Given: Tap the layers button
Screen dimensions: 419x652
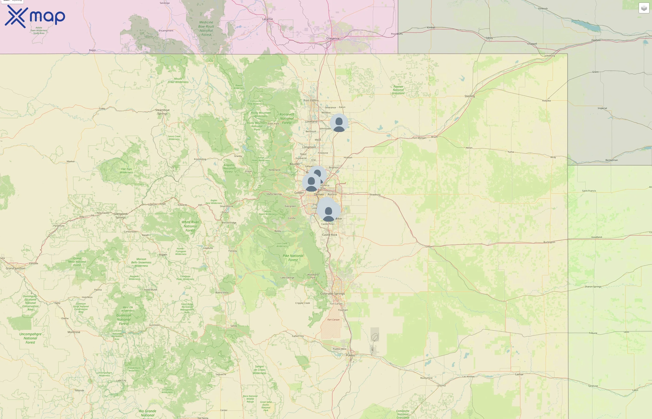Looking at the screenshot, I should point(644,8).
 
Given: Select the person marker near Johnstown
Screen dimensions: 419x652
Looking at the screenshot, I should point(339,123).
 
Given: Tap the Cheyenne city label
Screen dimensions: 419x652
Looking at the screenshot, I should point(333,38).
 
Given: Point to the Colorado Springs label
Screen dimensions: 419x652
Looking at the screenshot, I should point(332,294).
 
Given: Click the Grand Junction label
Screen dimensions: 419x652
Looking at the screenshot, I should point(16,268).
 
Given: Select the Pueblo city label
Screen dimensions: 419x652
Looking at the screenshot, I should point(350,355).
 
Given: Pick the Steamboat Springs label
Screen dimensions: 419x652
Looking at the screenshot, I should point(163,112).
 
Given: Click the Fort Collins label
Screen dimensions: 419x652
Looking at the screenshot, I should point(311,100).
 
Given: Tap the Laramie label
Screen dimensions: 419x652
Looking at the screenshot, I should point(268,19).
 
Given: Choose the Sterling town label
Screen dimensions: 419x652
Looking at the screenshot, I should point(469,96).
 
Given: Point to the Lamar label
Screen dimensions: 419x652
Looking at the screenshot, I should point(519,374).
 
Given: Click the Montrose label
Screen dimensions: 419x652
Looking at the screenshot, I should point(74,332).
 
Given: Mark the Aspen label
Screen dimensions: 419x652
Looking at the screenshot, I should point(163,255).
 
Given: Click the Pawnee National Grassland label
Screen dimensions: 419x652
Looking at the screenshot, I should point(398,90).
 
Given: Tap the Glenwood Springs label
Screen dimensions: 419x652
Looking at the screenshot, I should point(121,216).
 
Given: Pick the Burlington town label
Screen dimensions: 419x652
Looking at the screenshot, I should point(549,242).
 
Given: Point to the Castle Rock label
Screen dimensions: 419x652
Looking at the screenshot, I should point(329,235).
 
